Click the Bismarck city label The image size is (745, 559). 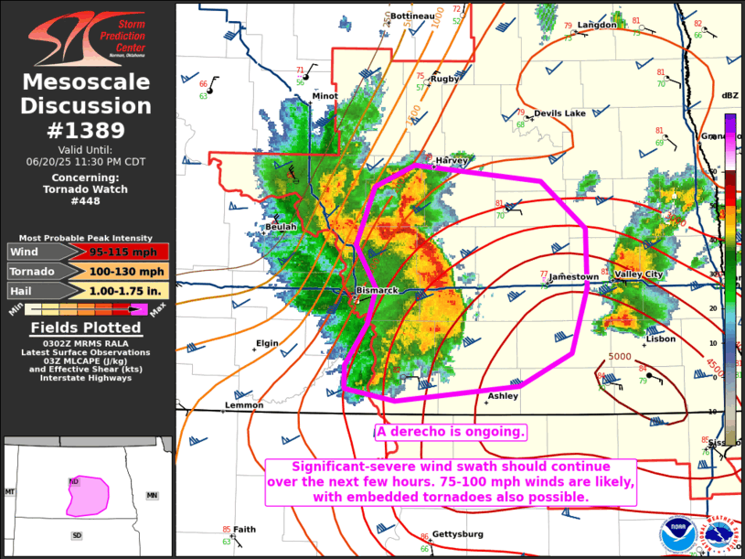377,290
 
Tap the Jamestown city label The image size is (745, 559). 574,276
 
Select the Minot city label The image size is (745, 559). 325,96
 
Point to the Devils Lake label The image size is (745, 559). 559,113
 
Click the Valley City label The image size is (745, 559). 639,274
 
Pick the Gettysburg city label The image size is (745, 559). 458,533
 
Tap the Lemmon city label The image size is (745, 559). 244,405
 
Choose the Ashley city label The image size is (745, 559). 503,396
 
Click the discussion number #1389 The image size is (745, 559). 87,130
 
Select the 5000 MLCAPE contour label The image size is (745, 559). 620,356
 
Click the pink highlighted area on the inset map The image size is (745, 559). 86,494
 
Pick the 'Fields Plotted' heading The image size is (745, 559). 86,328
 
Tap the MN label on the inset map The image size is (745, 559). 152,495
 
